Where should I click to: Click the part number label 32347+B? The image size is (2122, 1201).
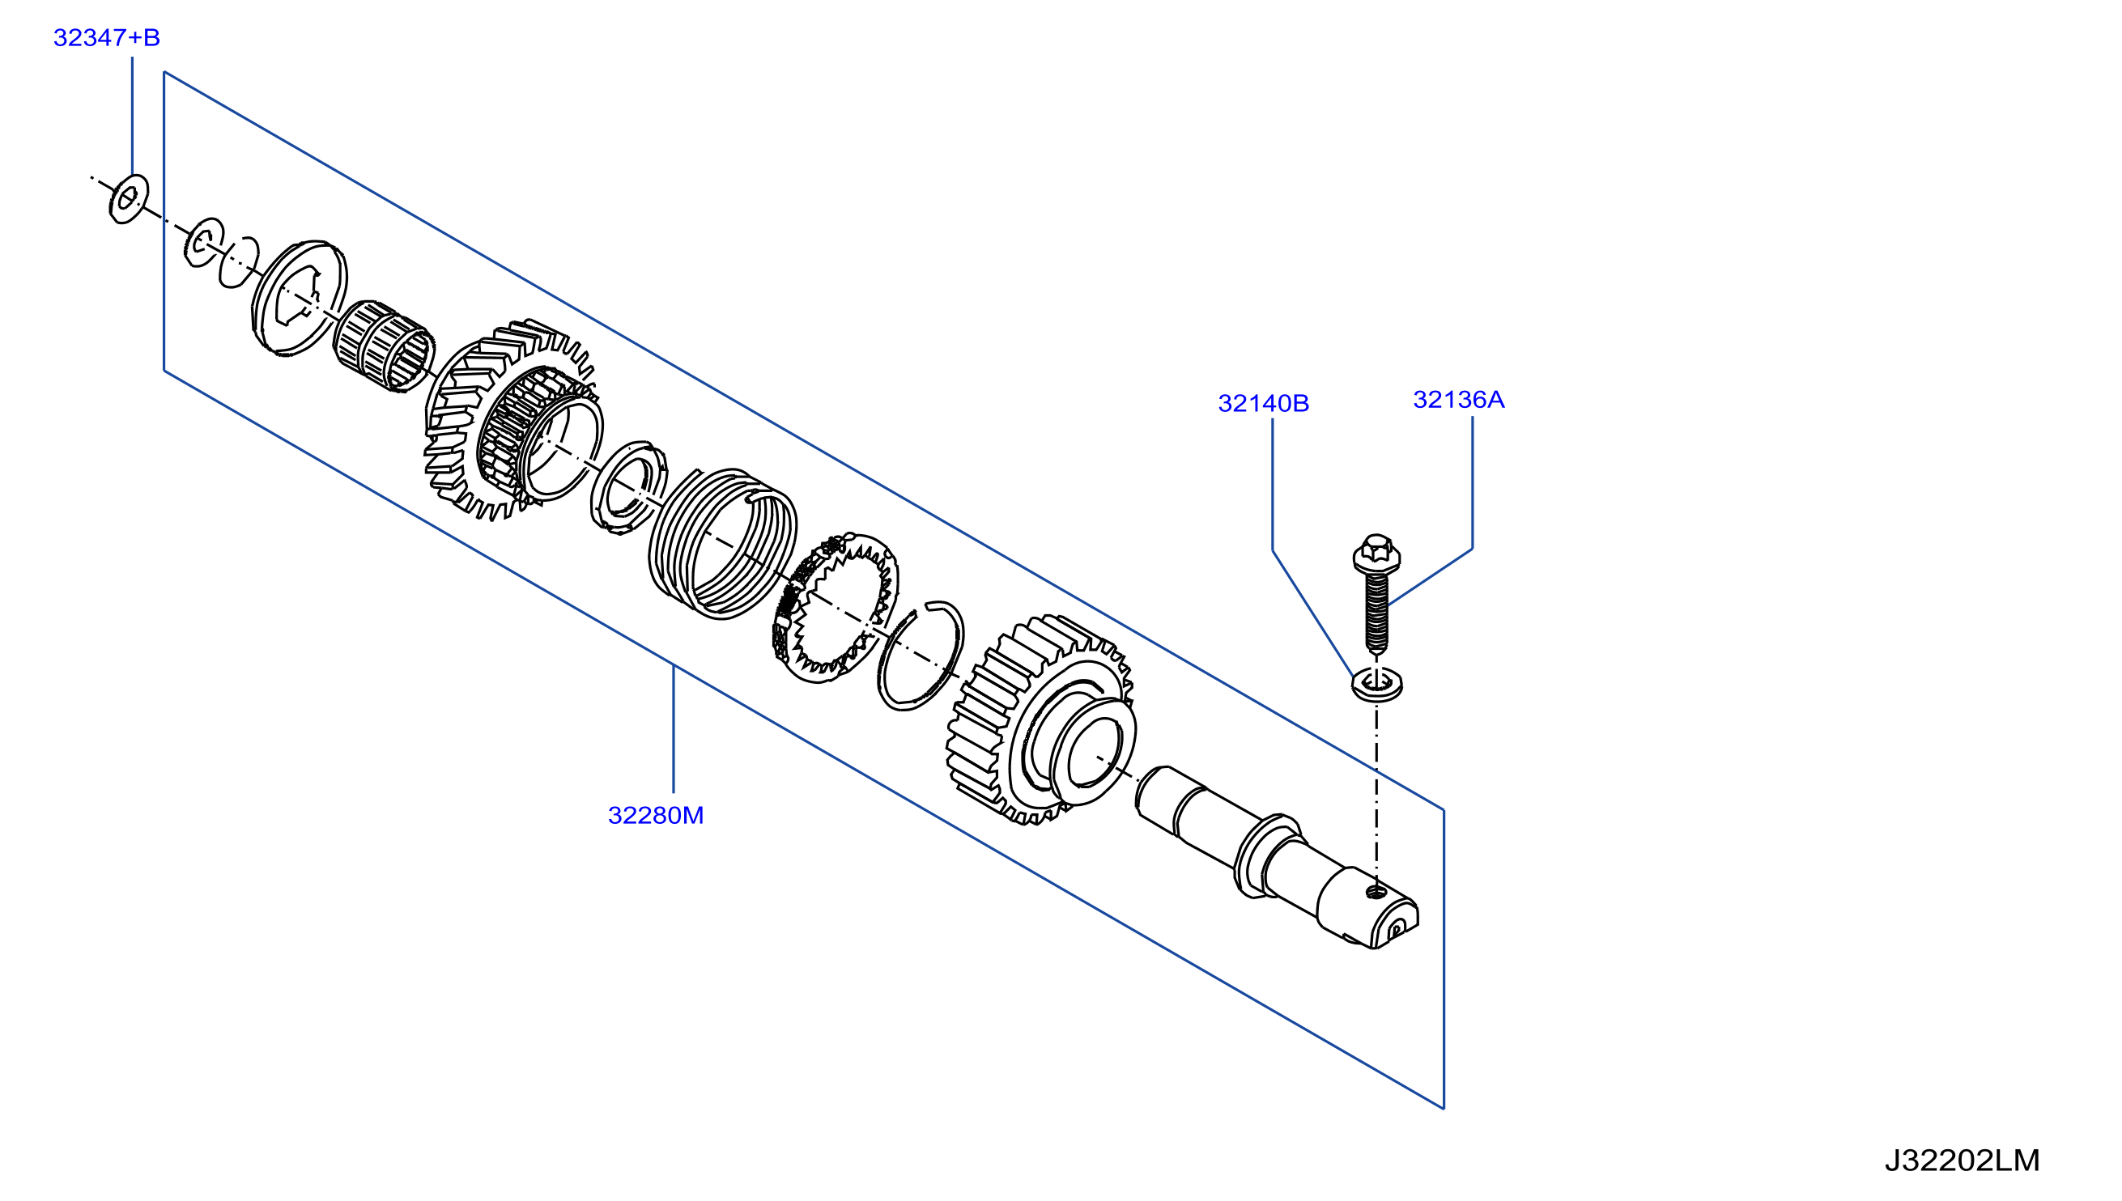click(x=106, y=37)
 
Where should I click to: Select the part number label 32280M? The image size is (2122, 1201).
click(x=656, y=815)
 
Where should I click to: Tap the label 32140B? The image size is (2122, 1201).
click(x=1263, y=403)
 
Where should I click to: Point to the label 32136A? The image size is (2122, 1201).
click(x=1459, y=400)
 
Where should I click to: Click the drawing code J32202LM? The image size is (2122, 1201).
click(x=1962, y=1161)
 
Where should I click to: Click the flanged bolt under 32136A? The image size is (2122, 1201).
click(x=1376, y=594)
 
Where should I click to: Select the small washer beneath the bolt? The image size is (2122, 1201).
click(x=1377, y=684)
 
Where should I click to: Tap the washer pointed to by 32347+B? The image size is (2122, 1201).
click(x=129, y=199)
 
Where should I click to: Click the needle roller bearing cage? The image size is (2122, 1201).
click(x=385, y=346)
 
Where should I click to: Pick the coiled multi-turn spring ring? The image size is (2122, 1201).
click(x=723, y=544)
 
